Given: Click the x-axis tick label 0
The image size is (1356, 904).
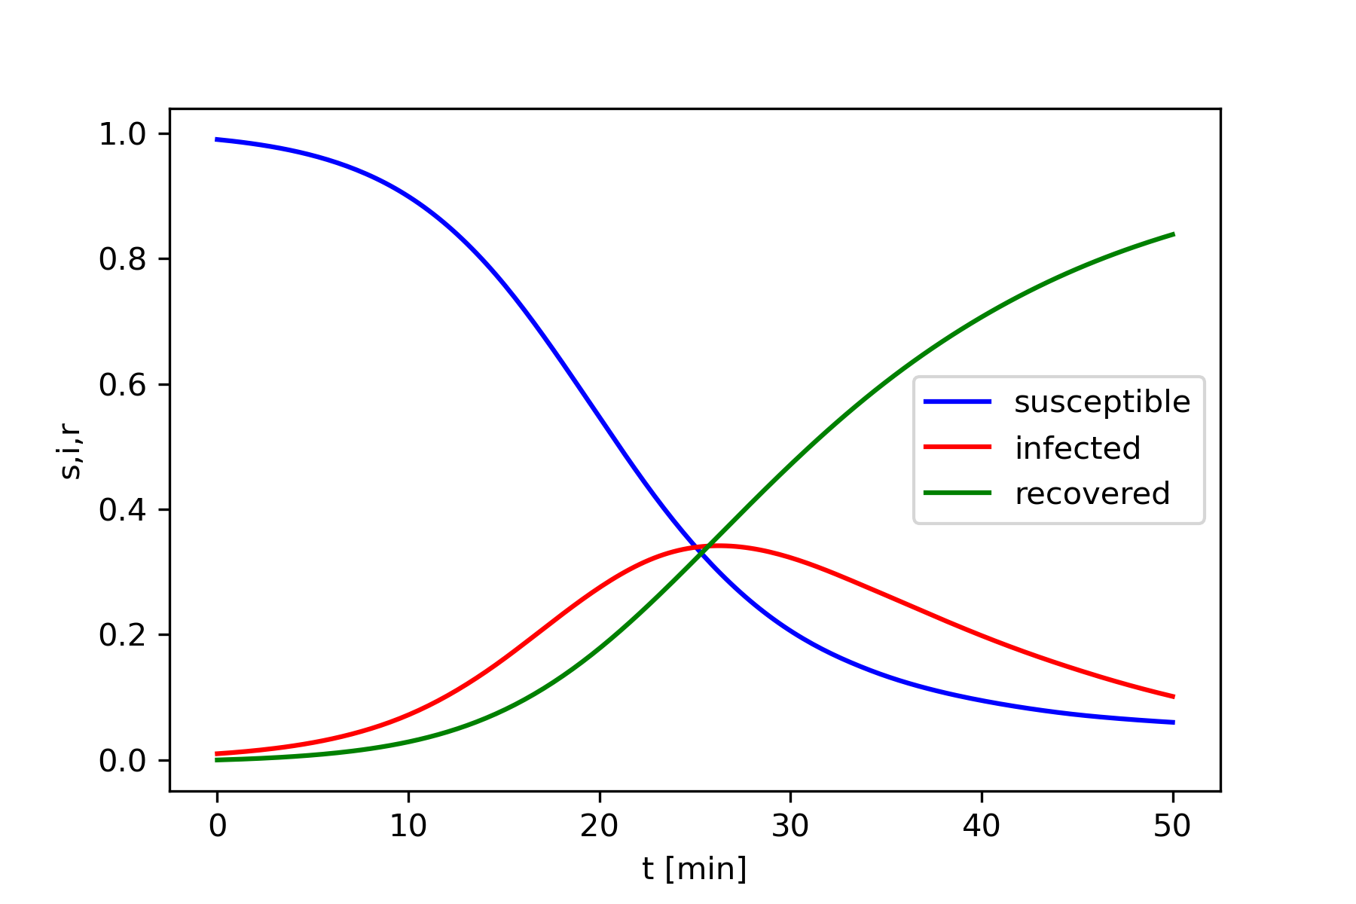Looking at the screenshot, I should pos(217,827).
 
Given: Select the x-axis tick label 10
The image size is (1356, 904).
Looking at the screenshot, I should pos(408,827).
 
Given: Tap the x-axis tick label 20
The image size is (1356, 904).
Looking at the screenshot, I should pos(600,827).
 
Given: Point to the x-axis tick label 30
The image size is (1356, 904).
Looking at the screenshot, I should pos(790,827).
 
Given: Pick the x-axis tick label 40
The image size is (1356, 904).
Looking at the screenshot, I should pos(982,827).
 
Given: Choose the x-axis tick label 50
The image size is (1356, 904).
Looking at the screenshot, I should pos(1172,827).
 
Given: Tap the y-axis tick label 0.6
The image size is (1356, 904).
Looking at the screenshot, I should pos(122,385).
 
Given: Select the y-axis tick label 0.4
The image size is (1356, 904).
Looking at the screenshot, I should pos(122,510).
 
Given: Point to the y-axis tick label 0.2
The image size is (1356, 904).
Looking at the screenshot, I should pos(122,635).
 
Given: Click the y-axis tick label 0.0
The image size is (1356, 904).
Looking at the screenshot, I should pos(122,761).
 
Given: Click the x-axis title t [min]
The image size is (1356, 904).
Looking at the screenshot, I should pos(694,869).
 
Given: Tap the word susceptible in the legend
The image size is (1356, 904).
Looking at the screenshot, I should pos(1102,402).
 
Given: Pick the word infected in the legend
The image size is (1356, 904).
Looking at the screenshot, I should pos(1077,448).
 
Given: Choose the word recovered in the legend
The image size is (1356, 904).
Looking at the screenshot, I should pos(1092,493).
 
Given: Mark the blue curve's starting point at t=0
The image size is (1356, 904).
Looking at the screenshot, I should pos(217,139).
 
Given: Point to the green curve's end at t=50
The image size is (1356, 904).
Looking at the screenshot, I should pos(1173,234).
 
